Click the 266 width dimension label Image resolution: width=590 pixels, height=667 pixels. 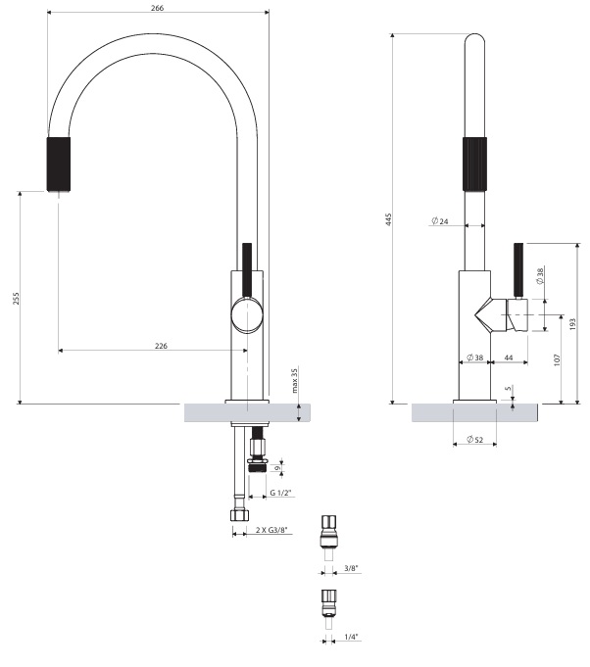[157, 8]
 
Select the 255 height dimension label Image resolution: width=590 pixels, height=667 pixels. [16, 298]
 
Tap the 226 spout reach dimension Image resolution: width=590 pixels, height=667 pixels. [161, 346]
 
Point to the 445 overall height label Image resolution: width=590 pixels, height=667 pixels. [388, 219]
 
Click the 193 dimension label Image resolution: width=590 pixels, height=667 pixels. [572, 324]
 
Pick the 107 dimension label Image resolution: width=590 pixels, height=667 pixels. [558, 359]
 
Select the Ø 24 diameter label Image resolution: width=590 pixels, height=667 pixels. [440, 221]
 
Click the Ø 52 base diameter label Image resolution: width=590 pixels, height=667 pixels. [475, 440]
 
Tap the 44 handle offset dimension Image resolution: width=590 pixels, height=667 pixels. [509, 357]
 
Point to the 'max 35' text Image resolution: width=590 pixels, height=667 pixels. [295, 380]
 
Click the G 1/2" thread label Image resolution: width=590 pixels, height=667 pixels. [280, 493]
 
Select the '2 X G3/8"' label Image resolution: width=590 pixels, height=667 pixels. [271, 530]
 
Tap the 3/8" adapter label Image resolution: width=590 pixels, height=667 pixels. [351, 568]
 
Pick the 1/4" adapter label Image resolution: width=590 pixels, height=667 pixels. [351, 637]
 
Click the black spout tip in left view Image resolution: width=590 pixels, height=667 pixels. [59, 164]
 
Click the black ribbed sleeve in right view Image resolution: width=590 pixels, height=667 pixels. [474, 164]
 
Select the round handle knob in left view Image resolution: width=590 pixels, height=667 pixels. [247, 315]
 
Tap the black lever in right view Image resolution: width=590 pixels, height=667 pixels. [518, 271]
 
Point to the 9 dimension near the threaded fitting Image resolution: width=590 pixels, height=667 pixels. [277, 468]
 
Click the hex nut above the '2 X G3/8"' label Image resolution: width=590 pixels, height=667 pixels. [240, 515]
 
